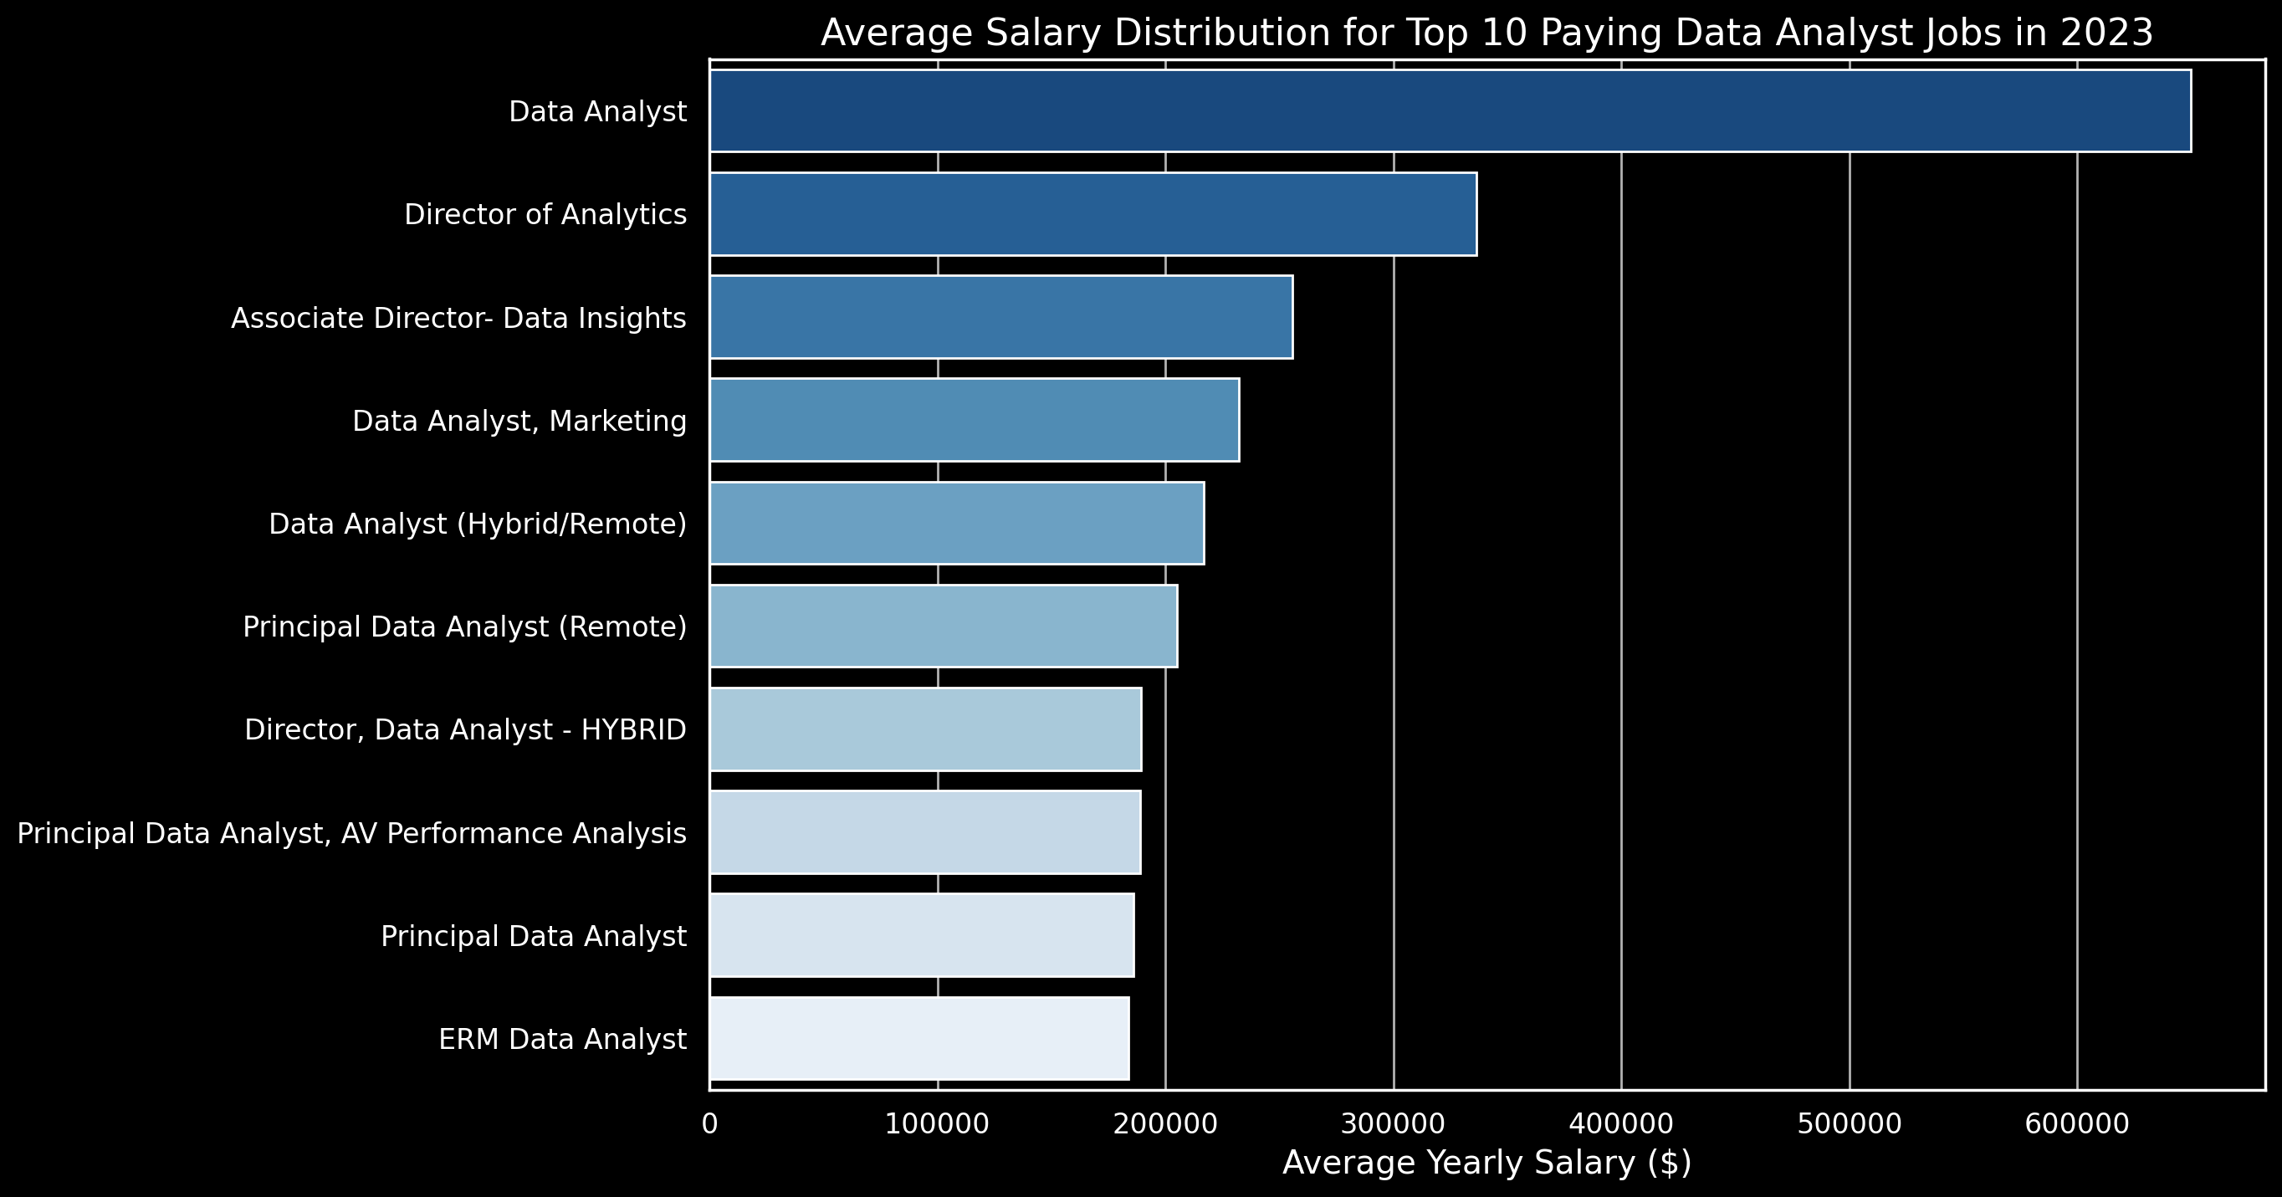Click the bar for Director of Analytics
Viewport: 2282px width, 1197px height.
[1092, 213]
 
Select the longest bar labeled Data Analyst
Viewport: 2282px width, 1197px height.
[1450, 110]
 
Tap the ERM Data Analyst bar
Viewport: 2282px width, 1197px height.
[918, 1038]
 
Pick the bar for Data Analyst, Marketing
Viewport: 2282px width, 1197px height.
[974, 420]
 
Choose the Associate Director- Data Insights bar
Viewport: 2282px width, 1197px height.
[1000, 317]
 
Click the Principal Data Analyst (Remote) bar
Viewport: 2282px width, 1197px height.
[943, 626]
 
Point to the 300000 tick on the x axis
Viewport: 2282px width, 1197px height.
[1394, 1124]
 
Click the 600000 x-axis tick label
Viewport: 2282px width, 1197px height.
[2076, 1124]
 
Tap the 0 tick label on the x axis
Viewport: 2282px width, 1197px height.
[709, 1124]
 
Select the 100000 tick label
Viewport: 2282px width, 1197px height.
[937, 1124]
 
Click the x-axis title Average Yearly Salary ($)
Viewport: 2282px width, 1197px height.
[1486, 1164]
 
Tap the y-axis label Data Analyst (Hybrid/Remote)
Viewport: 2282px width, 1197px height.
[478, 524]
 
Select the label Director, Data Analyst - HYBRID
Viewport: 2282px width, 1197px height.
[465, 730]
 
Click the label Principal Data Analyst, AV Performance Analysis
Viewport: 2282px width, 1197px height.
[351, 834]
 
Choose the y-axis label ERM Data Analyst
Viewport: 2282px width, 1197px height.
[562, 1039]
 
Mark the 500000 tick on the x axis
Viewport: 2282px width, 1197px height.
[1849, 1124]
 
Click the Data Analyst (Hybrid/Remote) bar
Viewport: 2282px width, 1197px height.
[957, 523]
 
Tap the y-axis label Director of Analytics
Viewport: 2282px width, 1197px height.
[545, 214]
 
